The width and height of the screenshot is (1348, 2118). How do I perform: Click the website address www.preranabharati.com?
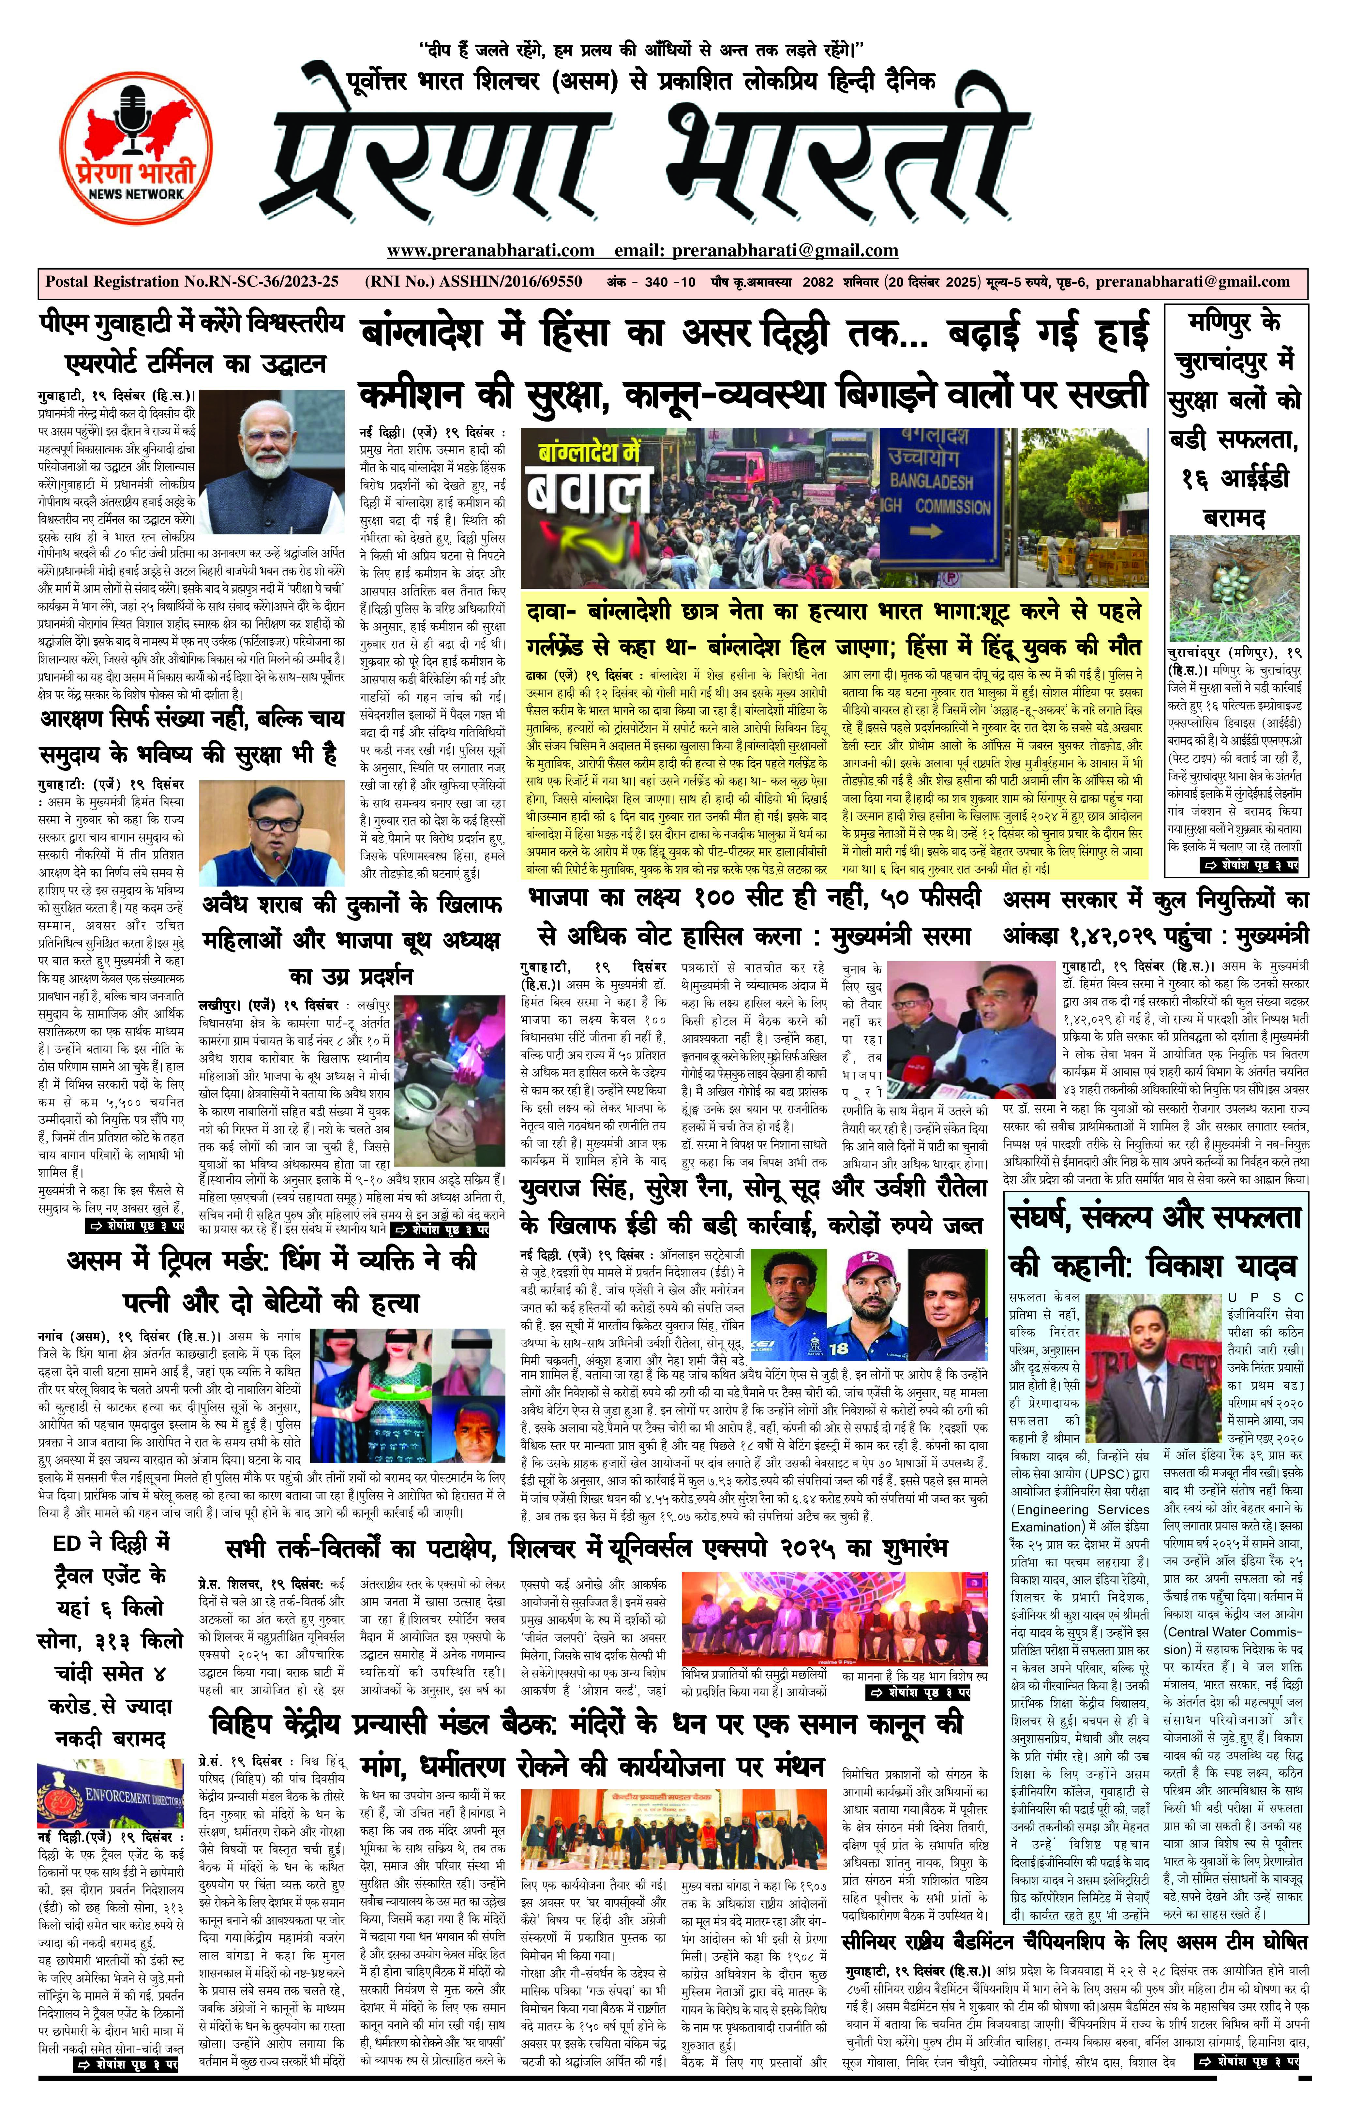490,251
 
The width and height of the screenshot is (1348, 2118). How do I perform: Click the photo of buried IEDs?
1234,589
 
